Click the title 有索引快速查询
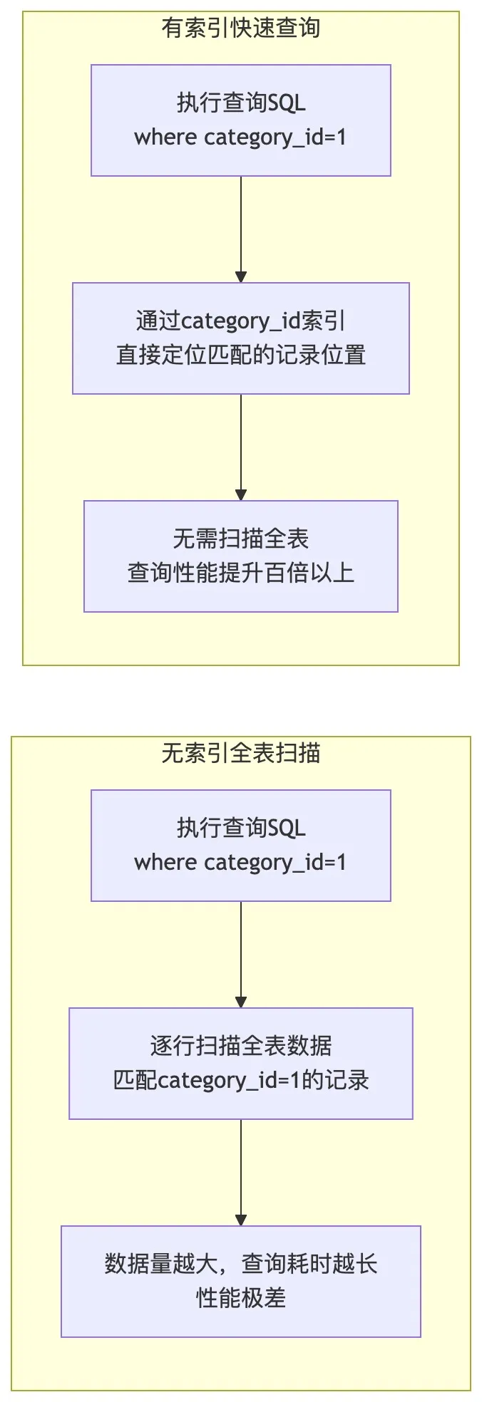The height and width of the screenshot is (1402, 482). point(240,28)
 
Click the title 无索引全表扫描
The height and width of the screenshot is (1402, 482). point(240,753)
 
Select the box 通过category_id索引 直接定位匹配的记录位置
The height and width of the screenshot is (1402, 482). point(240,338)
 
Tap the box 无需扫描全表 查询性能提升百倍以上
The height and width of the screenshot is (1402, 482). point(240,556)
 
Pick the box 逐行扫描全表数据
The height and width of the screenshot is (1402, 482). point(240,1063)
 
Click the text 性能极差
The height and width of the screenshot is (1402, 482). point(240,1298)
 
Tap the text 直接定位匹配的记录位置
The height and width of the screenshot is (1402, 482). point(240,355)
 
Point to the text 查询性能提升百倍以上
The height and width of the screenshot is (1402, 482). point(240,573)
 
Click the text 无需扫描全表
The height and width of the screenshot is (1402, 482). point(240,539)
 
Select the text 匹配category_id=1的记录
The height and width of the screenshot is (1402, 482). point(240,1080)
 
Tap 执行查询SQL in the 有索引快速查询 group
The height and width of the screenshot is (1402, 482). point(240,103)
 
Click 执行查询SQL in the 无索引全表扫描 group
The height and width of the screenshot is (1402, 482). point(240,828)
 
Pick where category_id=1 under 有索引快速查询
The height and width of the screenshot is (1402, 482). point(240,137)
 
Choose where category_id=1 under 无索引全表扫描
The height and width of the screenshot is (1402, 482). point(240,862)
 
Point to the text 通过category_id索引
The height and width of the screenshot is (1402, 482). point(240,321)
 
